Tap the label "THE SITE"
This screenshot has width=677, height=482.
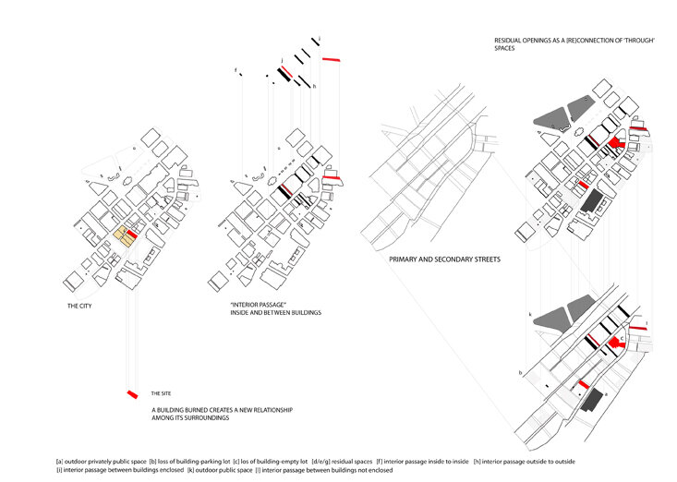pyautogui.click(x=162, y=393)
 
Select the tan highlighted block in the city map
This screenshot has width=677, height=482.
pyautogui.click(x=121, y=238)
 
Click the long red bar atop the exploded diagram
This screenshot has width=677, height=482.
pyautogui.click(x=331, y=59)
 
